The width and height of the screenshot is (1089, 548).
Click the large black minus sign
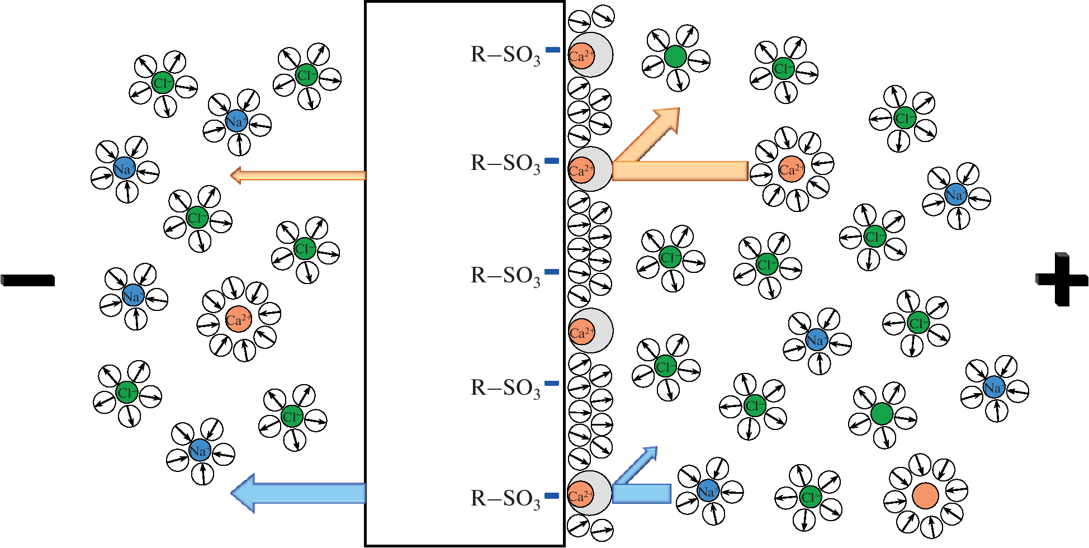pyautogui.click(x=28, y=280)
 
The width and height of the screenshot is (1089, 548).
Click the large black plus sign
pyautogui.click(x=1061, y=279)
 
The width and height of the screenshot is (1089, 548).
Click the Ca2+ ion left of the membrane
pyautogui.click(x=239, y=319)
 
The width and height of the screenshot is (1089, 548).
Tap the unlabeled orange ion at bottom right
pyautogui.click(x=925, y=495)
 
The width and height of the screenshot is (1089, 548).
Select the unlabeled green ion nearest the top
pyautogui.click(x=675, y=56)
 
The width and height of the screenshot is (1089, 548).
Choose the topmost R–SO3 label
pyautogui.click(x=505, y=55)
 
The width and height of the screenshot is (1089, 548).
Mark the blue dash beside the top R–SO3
pyautogui.click(x=552, y=50)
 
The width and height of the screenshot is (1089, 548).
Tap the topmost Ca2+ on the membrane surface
pyautogui.click(x=581, y=56)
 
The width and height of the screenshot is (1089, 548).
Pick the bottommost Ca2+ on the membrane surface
pyautogui.click(x=581, y=495)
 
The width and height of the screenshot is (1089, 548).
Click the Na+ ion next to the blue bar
pyautogui.click(x=708, y=491)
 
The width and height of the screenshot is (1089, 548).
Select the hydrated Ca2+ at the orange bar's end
pyautogui.click(x=791, y=169)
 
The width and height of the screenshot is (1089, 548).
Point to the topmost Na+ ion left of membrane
pyautogui.click(x=235, y=121)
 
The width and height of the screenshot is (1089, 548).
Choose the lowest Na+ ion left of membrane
pyautogui.click(x=200, y=450)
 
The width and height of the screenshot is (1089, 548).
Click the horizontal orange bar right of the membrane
pyautogui.click(x=680, y=171)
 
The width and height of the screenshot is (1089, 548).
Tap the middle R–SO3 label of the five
pyautogui.click(x=505, y=276)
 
